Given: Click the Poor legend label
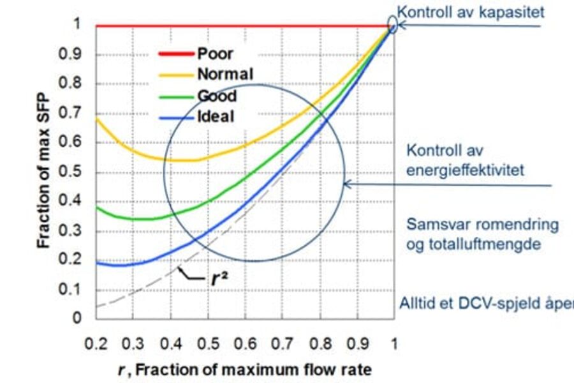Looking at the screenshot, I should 215,54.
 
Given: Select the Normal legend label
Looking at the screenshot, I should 224,74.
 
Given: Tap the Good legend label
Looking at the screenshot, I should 217,96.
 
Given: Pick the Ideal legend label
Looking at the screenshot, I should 216,116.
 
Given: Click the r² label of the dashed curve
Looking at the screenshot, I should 220,280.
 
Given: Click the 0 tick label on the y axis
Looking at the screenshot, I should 77,317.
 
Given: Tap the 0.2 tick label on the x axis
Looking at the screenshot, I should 96,344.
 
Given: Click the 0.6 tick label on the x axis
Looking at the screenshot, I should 245,344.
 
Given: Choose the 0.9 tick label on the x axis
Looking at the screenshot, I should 357,344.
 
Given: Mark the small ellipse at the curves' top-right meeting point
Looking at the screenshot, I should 393,25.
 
